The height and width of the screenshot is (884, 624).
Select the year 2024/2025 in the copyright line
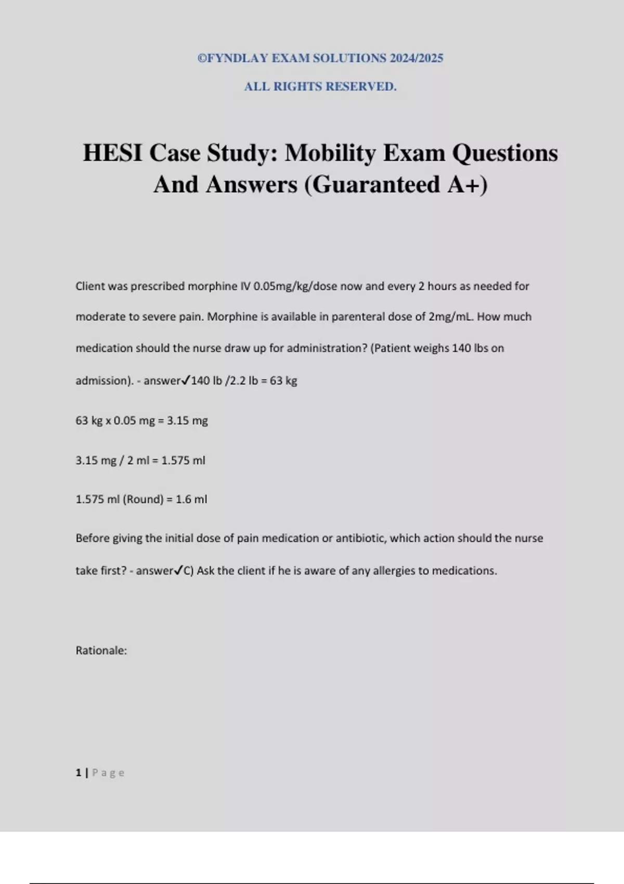[417, 58]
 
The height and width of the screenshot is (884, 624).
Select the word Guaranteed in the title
[378, 185]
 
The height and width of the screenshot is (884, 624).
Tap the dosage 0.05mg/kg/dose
[295, 287]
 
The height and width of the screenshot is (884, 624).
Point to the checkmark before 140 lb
[186, 381]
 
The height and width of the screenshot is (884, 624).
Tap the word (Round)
[143, 500]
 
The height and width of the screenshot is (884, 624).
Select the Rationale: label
[101, 651]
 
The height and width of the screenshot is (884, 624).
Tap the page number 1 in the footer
[78, 773]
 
